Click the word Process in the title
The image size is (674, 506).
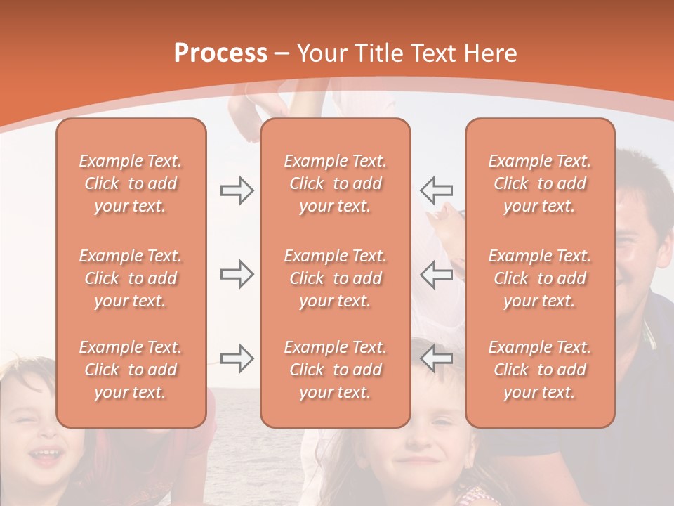point(220,53)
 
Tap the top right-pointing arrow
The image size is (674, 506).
point(237,190)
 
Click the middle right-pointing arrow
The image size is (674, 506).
point(237,274)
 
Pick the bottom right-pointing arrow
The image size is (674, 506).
point(237,358)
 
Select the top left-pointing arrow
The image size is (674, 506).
point(436,190)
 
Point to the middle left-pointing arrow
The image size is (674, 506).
point(436,274)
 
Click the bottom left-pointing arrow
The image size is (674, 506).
point(436,358)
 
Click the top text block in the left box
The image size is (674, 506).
point(131,183)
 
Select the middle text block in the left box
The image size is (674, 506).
point(131,278)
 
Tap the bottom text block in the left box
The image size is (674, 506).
point(131,370)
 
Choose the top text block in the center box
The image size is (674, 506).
point(336,183)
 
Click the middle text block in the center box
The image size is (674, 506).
point(336,278)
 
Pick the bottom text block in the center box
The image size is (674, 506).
point(336,370)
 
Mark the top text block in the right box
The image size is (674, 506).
point(540,183)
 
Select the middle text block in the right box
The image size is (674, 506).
point(540,278)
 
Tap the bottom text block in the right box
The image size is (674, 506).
point(540,370)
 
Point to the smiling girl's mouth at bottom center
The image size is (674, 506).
point(420,461)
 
